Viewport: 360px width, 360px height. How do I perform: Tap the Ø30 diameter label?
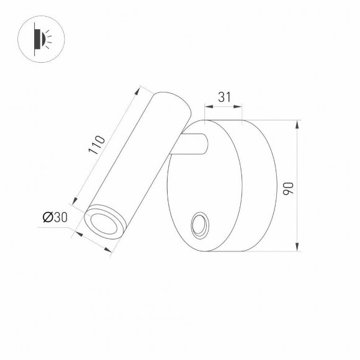pyautogui.click(x=55, y=217)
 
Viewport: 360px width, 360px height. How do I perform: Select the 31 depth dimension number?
pyautogui.click(x=224, y=97)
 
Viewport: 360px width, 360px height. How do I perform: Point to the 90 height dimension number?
pyautogui.click(x=287, y=186)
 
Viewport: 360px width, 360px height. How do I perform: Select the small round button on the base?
pyautogui.click(x=200, y=226)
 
